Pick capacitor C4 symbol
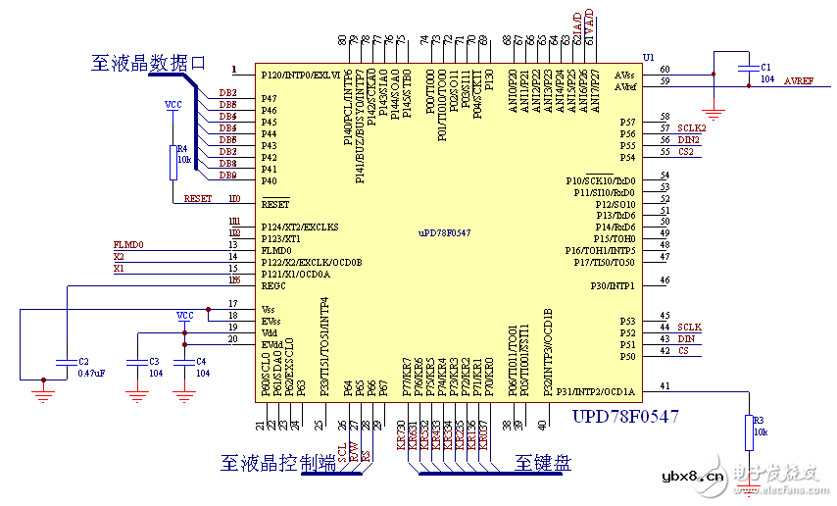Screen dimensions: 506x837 [x=183, y=362]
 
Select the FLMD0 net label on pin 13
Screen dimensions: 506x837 [x=128, y=244]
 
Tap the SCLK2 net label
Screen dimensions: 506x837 [x=691, y=128]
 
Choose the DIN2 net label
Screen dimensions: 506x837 [x=688, y=140]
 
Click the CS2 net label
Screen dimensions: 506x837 [x=685, y=152]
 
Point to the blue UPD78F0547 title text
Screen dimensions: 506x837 [x=624, y=417]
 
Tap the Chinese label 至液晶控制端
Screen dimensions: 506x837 [x=278, y=462]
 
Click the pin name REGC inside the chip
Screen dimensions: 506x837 [x=273, y=286]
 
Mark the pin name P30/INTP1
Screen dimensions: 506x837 [x=613, y=286]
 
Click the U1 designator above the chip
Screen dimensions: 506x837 [x=648, y=58]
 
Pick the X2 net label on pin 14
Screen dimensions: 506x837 [x=119, y=256]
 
